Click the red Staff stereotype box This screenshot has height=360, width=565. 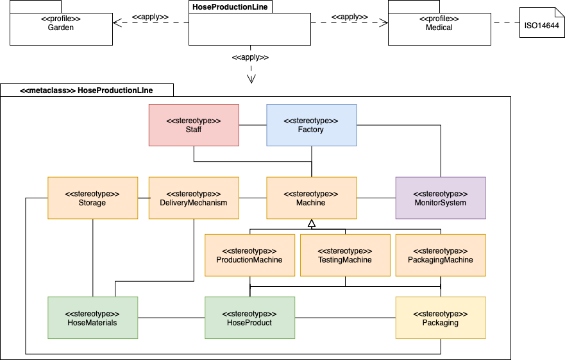click(194, 124)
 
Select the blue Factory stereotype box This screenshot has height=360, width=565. click(311, 124)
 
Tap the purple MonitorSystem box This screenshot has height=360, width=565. click(441, 198)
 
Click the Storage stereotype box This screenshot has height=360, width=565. click(93, 198)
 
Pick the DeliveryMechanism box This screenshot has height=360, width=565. click(193, 198)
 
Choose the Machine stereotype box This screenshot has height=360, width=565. click(311, 198)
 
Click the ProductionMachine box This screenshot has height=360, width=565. click(249, 255)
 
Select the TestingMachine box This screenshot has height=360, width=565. click(345, 255)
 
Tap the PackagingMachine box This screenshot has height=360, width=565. click(441, 255)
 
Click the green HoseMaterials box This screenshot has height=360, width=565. click(93, 317)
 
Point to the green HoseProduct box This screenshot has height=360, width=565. click(249, 317)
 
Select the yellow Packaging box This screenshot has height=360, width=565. click(441, 317)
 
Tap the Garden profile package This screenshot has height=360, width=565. click(60, 28)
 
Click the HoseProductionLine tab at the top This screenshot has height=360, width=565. click(230, 6)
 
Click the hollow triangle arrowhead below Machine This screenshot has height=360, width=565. click(312, 223)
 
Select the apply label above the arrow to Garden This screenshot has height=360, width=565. click(151, 16)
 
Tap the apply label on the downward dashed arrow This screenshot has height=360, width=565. click(250, 57)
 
